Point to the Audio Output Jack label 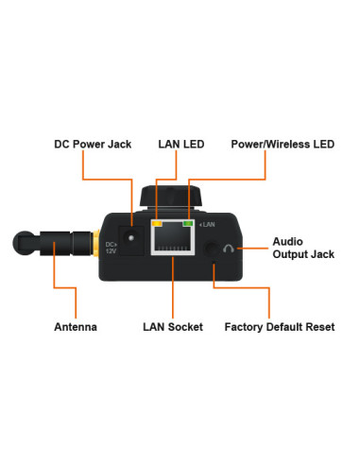tap(302, 248)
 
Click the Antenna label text tap(75, 327)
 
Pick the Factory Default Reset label tap(280, 327)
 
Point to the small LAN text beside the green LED tap(208, 225)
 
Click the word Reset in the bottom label tap(317, 327)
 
